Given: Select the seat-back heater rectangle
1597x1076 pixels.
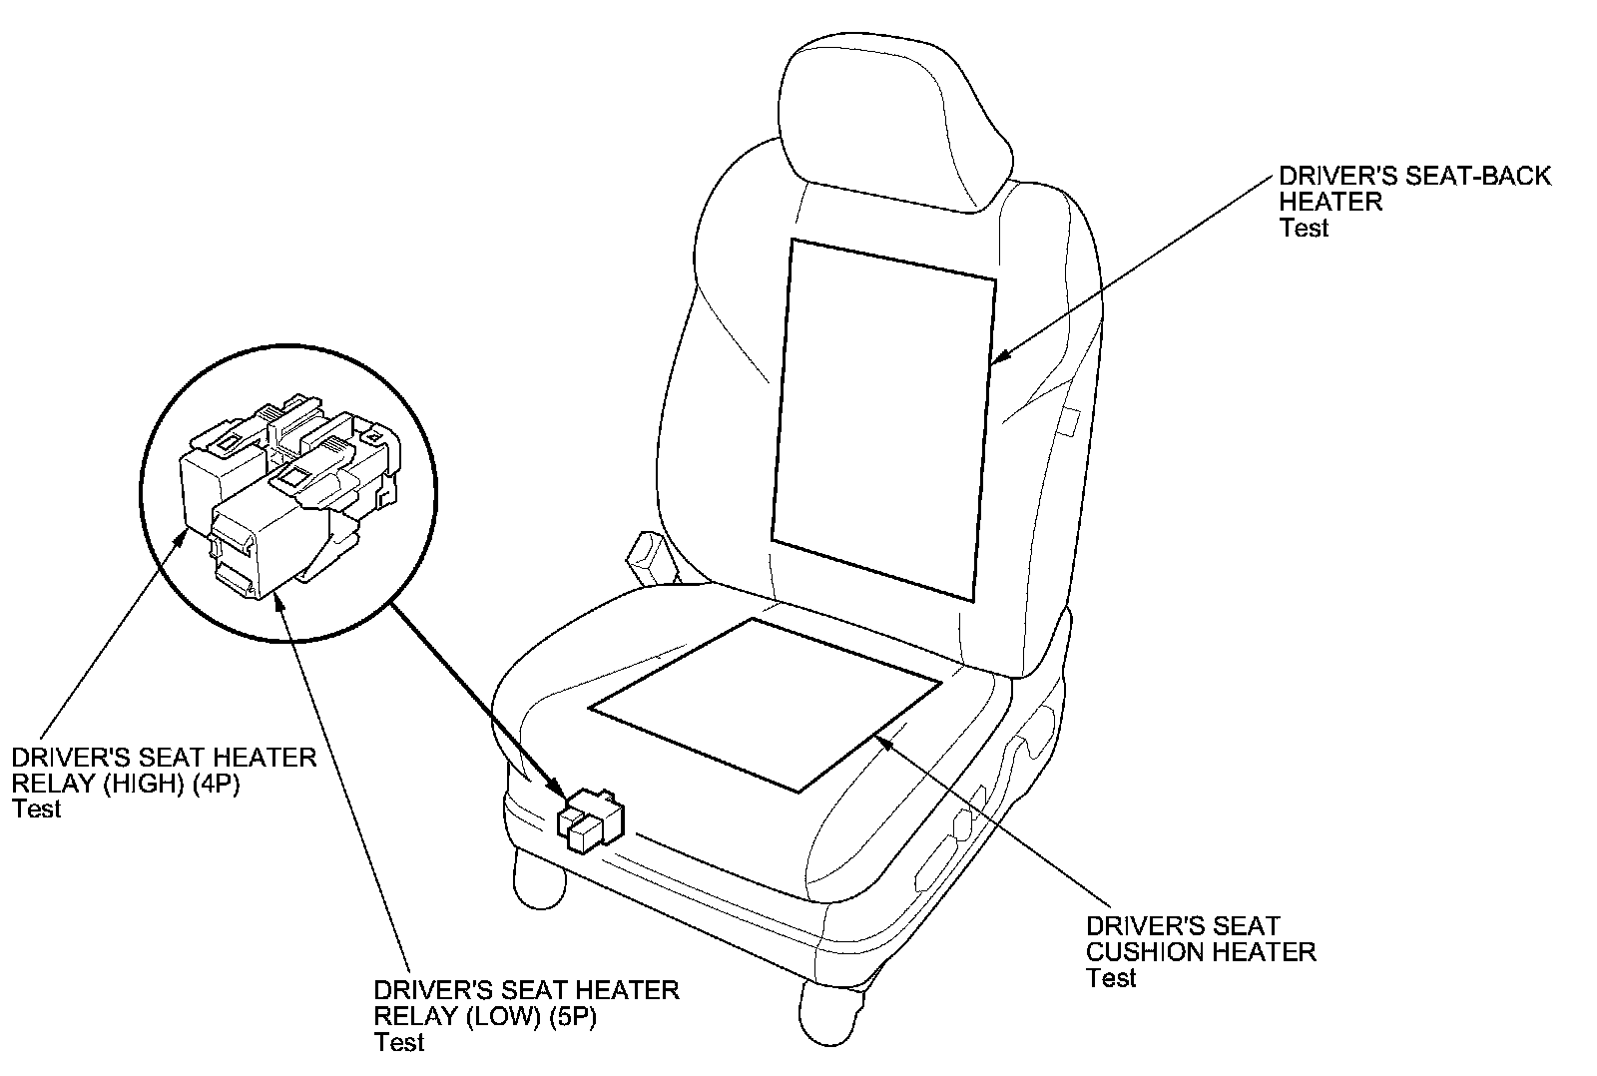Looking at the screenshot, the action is click(884, 419).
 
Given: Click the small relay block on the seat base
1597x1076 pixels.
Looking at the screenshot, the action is click(589, 819).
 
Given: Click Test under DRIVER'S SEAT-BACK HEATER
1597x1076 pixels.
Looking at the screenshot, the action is click(1304, 229).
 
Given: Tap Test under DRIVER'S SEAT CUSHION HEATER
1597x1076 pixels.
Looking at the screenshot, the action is click(1111, 978).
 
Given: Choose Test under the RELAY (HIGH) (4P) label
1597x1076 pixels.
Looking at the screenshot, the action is click(37, 809).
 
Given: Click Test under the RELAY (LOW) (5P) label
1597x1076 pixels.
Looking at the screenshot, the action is click(399, 1043).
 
